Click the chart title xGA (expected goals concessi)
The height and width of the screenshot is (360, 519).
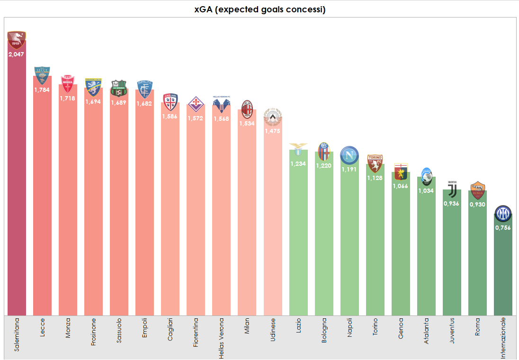tap(259, 9)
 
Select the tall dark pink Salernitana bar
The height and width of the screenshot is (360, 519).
tap(17, 189)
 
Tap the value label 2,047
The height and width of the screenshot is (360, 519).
tap(17, 54)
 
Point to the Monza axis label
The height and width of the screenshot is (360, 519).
tap(68, 326)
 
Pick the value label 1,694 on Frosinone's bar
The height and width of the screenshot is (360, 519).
tap(93, 101)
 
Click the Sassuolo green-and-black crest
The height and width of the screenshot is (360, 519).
tap(119, 88)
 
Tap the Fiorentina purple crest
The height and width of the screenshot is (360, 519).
tap(196, 104)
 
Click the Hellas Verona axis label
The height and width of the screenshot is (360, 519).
tap(221, 337)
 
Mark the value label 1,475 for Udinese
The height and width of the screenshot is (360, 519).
tap(272, 131)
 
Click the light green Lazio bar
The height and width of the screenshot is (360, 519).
tap(298, 237)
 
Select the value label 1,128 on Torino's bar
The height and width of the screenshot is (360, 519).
tap(375, 178)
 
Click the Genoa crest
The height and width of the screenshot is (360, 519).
tap(401, 171)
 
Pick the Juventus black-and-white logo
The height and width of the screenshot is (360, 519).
tap(452, 189)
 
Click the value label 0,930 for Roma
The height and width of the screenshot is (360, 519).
tap(477, 204)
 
